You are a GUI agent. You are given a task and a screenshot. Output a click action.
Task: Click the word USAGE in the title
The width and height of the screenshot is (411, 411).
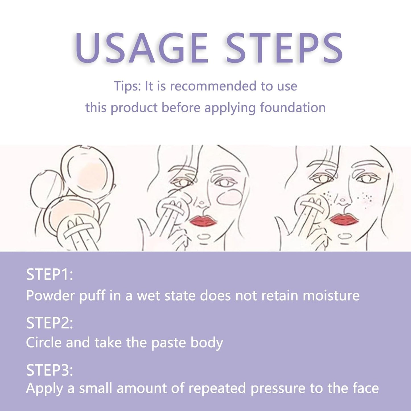pos(141,48)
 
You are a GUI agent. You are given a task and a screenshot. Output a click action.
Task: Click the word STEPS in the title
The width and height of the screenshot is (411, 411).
pos(284,48)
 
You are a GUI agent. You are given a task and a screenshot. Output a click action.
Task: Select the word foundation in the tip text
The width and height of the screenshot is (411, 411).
pos(293,108)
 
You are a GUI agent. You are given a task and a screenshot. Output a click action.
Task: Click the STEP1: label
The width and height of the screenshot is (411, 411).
pos(49,274)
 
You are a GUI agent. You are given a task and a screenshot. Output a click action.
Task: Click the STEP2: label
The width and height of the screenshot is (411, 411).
pos(49,323)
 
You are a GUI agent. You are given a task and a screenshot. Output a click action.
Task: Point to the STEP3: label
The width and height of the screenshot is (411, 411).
pos(49,370)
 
